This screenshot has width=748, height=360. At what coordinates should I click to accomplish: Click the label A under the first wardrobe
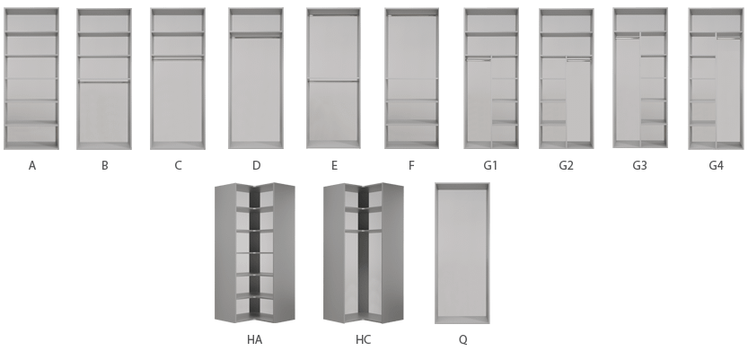click(32, 165)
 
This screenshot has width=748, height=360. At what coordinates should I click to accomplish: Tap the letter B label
click(105, 165)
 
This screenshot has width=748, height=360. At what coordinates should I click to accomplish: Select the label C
click(178, 165)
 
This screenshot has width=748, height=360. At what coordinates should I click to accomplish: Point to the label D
click(256, 165)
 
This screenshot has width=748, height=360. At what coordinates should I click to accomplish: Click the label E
click(334, 165)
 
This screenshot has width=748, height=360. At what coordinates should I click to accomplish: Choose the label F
click(411, 165)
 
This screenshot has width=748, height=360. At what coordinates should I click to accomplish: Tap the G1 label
click(490, 165)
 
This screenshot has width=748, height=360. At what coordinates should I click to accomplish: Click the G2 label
click(566, 165)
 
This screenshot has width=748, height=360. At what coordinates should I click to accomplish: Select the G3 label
click(639, 165)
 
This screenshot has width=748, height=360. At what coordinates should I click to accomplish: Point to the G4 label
click(716, 165)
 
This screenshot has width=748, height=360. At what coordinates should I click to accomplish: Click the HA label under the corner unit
click(254, 339)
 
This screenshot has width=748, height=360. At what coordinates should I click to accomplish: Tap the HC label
click(363, 339)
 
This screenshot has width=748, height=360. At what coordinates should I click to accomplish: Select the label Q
click(462, 339)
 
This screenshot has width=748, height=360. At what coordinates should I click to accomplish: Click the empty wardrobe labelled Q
click(462, 253)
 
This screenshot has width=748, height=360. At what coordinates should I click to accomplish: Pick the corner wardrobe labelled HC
click(364, 252)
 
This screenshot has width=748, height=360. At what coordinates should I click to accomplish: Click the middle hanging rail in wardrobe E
click(333, 81)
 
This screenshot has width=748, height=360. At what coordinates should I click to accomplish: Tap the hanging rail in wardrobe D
click(256, 37)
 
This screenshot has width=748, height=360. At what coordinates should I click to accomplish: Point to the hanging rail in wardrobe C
click(178, 59)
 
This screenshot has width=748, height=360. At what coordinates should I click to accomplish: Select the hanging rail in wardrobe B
click(104, 82)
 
